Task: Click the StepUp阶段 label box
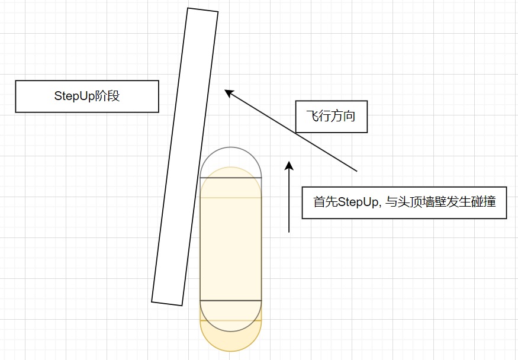(87, 97)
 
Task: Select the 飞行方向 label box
(332, 117)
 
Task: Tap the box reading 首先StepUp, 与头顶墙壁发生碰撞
(404, 202)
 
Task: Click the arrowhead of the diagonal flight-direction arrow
(229, 93)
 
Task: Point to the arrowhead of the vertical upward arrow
(289, 165)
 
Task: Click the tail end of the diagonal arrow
(357, 171)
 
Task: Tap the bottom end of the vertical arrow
(289, 232)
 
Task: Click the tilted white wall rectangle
(185, 156)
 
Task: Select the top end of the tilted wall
(203, 9)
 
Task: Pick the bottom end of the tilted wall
(167, 304)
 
